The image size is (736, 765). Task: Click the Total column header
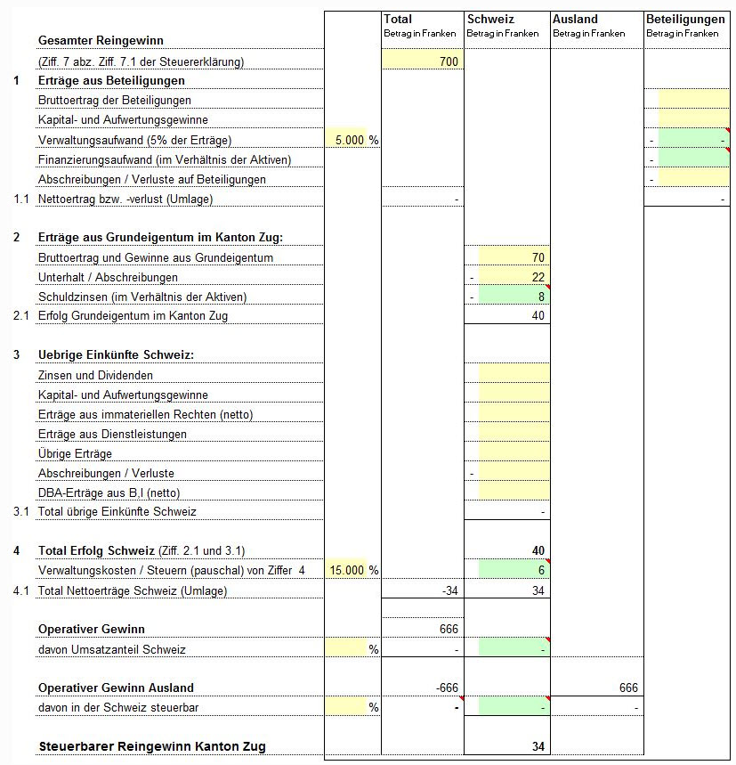[398, 19]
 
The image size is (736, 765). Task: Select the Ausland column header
[575, 19]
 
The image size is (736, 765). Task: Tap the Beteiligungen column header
[685, 19]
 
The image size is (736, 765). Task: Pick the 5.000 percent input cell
[346, 140]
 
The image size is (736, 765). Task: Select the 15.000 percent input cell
[346, 570]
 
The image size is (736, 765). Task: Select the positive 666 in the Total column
[449, 629]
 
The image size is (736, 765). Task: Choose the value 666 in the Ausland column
[628, 688]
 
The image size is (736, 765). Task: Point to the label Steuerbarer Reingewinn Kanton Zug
[151, 746]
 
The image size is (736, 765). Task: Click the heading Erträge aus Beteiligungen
[111, 81]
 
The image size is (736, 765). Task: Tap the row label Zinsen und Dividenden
[95, 375]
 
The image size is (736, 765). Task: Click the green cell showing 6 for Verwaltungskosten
[514, 570]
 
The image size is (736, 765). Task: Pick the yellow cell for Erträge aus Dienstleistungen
[514, 434]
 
